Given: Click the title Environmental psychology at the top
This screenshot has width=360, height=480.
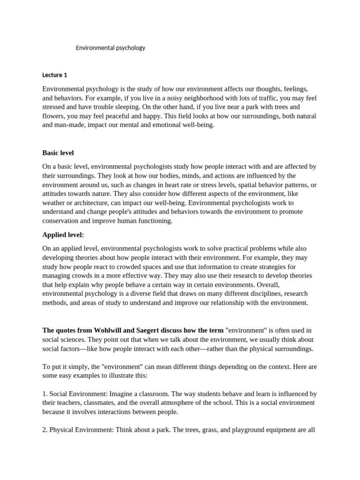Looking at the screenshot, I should point(111,48).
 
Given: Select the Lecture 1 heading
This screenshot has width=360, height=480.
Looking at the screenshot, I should point(55,75).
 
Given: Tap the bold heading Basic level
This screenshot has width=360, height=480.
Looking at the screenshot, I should point(58,153).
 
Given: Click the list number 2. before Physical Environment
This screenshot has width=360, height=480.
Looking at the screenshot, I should point(45,430).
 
